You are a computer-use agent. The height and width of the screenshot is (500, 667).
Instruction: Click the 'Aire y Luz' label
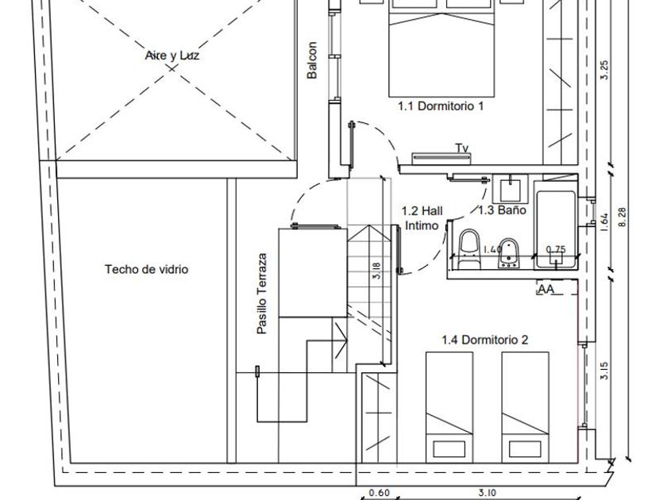coord(172,56)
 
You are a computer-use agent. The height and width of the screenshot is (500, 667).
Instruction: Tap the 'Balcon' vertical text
coord(312,60)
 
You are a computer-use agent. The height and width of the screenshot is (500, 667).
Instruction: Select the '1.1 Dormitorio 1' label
coord(441,105)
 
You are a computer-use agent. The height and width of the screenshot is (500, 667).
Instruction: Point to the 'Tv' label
coord(461,148)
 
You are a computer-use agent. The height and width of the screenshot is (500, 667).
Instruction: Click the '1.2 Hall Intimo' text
coord(422,218)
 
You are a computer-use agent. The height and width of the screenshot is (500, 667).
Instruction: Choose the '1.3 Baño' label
coord(502,210)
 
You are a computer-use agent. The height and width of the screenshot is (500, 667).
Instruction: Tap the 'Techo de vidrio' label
coord(147,270)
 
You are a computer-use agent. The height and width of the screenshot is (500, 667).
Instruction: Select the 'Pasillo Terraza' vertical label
coord(261,294)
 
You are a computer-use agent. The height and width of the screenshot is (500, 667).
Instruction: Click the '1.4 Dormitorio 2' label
coord(484,340)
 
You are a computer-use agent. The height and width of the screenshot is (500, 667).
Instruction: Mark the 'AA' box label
coord(546,290)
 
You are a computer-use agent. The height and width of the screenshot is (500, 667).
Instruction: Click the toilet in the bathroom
coord(470,244)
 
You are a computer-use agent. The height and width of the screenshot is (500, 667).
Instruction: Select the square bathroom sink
coord(508,189)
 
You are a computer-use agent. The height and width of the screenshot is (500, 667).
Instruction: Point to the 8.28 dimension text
coord(623,218)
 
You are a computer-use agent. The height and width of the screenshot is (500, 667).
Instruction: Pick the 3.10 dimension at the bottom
coord(487,493)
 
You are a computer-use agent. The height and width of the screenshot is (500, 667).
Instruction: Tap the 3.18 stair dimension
coord(376,271)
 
